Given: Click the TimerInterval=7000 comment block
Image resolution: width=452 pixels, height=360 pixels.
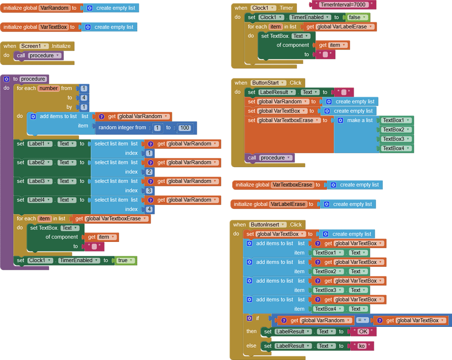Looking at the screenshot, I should pos(344,5).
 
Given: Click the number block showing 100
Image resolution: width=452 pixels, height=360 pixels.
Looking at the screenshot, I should pos(185,128).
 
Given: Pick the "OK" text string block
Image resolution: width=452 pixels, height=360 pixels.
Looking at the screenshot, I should pos(363,332).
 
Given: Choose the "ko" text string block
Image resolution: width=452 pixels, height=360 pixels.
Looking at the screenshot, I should pos(362,346).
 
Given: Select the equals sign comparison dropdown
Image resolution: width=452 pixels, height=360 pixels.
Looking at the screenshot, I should pos(362,320).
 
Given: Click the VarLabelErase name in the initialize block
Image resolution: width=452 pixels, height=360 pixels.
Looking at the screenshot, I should pos(288,204).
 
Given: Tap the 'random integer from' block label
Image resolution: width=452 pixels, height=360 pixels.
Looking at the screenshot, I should pos(122,128).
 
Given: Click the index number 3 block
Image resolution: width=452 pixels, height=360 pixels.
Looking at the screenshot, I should pos(149,191).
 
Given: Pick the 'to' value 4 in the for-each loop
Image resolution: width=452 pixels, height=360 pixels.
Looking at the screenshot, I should pos(83,98).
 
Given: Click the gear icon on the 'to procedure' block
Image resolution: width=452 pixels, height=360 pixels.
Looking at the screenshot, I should pos(7,79).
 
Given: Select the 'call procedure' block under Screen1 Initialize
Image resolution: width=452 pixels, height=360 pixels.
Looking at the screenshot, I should pos(39,56).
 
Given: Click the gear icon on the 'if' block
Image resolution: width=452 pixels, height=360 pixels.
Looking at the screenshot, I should pos(249,318).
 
